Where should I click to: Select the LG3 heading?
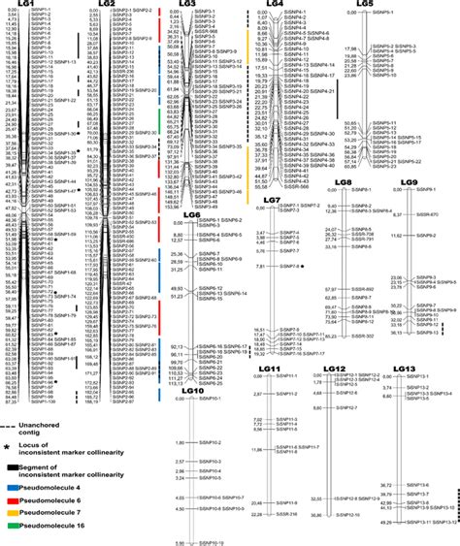point(187,5)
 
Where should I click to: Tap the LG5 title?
point(364,5)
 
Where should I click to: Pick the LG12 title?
point(336,369)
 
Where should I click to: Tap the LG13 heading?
point(407,369)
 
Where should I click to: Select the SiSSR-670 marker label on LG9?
point(428,213)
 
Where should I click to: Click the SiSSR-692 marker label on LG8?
point(361,289)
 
